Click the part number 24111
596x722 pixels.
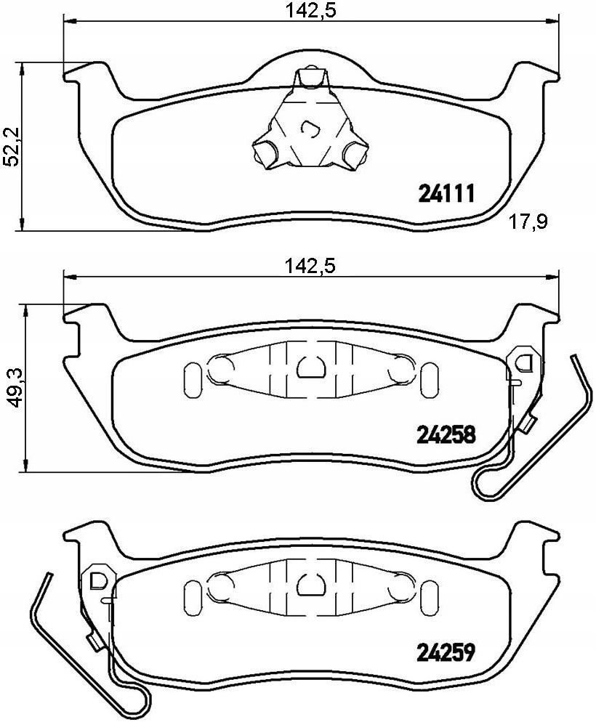pyautogui.click(x=446, y=194)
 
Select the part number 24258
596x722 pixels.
pyautogui.click(x=446, y=434)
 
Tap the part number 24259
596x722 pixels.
pyautogui.click(x=446, y=652)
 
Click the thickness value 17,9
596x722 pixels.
pyautogui.click(x=528, y=222)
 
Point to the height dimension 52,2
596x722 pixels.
pyautogui.click(x=12, y=147)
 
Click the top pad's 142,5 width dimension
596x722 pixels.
pyautogui.click(x=311, y=9)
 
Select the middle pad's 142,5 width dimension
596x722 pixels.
pyautogui.click(x=311, y=266)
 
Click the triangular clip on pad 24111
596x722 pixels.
pyautogui.click(x=310, y=121)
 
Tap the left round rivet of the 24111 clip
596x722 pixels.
pyautogui.click(x=265, y=152)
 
